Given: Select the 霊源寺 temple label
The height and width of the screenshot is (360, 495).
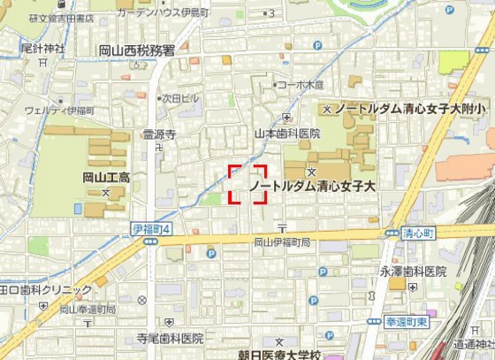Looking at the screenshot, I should tap(160, 134).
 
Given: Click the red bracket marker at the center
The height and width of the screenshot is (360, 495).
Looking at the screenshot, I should tap(247, 184).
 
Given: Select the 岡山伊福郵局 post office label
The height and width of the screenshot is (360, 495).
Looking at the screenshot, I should tap(282, 241).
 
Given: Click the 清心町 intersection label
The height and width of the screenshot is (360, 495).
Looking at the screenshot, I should tap(418, 233).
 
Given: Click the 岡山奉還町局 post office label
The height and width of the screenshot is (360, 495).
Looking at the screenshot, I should tap(88, 310).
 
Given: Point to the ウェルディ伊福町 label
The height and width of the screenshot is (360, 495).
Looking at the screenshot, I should tap(59, 111).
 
